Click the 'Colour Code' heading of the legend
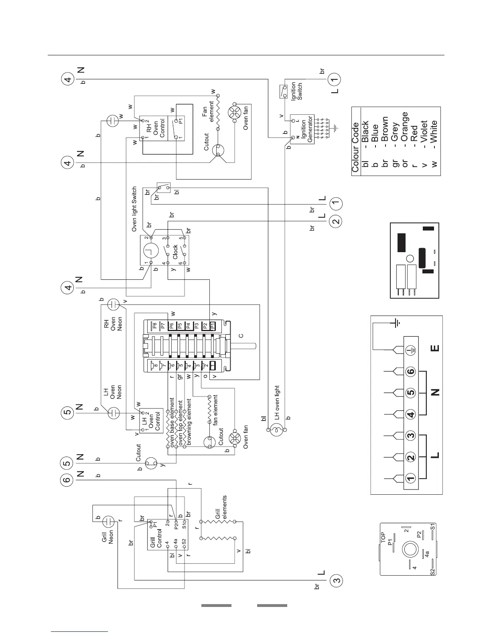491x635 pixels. [355, 142]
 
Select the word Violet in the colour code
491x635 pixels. [424, 132]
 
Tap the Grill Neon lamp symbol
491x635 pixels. [109, 521]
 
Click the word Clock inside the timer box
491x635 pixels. [175, 252]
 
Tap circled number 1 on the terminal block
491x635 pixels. [411, 478]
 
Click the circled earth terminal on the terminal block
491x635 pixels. [411, 350]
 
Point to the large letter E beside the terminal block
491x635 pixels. [435, 348]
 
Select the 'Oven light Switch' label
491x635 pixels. [134, 209]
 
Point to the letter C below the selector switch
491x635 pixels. [241, 336]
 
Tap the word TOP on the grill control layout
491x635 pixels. [383, 537]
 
